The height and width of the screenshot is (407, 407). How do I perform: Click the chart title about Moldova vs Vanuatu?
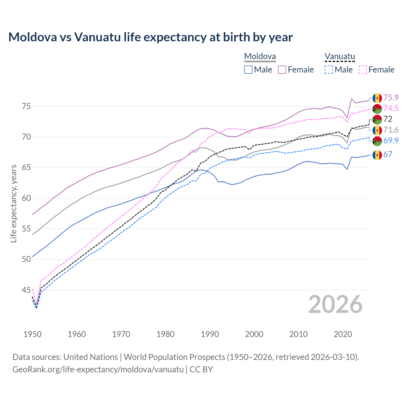coord(150,37)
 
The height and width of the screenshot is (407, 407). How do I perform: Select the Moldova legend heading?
coord(260,57)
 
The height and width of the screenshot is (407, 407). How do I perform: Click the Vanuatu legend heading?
coord(340,57)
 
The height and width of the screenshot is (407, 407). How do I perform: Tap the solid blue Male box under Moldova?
coord(248,70)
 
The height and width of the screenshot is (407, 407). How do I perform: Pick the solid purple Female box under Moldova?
coord(282,70)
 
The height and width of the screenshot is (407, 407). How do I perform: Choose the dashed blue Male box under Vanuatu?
coord(329,70)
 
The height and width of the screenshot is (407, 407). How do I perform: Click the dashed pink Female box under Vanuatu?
coord(363,70)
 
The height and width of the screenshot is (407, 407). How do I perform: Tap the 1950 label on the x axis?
coord(32,334)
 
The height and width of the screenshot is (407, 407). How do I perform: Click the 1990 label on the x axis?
coord(210,334)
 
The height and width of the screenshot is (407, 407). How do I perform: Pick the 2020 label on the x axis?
coord(343,334)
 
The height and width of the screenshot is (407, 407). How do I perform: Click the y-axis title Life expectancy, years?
coord(14,203)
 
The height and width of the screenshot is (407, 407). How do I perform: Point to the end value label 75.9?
coord(391,98)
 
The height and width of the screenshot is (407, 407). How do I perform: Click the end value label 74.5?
coord(391,108)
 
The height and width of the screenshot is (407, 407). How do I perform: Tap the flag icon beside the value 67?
coord(377,155)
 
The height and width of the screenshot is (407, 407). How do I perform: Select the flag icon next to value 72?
coord(377,120)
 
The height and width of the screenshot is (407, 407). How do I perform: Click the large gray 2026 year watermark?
coord(335,304)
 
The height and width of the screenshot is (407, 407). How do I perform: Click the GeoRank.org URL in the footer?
coord(98,369)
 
